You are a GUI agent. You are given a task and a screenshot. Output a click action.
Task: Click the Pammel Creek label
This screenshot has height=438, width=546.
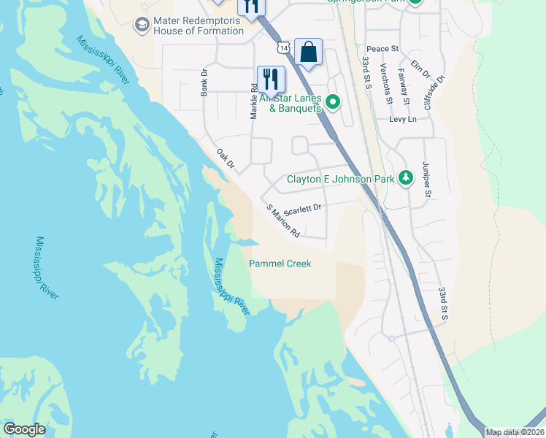280,264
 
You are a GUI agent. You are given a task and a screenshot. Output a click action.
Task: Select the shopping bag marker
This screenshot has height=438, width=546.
308,53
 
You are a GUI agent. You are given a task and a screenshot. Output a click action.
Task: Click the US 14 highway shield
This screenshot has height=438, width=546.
282,47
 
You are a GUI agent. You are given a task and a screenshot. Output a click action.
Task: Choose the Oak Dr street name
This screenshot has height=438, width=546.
225,160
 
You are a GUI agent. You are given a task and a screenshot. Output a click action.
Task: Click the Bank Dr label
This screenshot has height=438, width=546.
205,83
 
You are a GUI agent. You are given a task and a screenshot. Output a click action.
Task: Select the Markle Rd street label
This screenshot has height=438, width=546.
254,101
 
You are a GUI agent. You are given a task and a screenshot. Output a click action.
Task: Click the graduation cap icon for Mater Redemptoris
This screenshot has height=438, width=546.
142,26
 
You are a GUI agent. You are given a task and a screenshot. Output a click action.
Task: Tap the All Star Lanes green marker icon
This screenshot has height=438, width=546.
333,101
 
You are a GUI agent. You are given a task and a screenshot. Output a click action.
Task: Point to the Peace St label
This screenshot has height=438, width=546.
382,49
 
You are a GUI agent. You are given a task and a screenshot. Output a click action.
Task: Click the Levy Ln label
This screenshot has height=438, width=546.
402,119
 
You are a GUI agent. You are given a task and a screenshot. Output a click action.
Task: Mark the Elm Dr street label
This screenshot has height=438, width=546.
421,69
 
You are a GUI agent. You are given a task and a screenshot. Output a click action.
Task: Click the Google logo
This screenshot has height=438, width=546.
25,429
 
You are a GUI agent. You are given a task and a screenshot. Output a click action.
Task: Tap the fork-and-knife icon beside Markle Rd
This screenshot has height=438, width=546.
270,77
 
